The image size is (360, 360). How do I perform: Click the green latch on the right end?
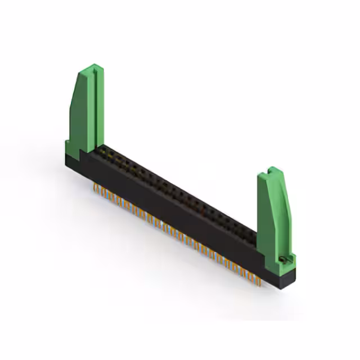(273, 214)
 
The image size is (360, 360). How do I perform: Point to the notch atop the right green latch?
(272, 169)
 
